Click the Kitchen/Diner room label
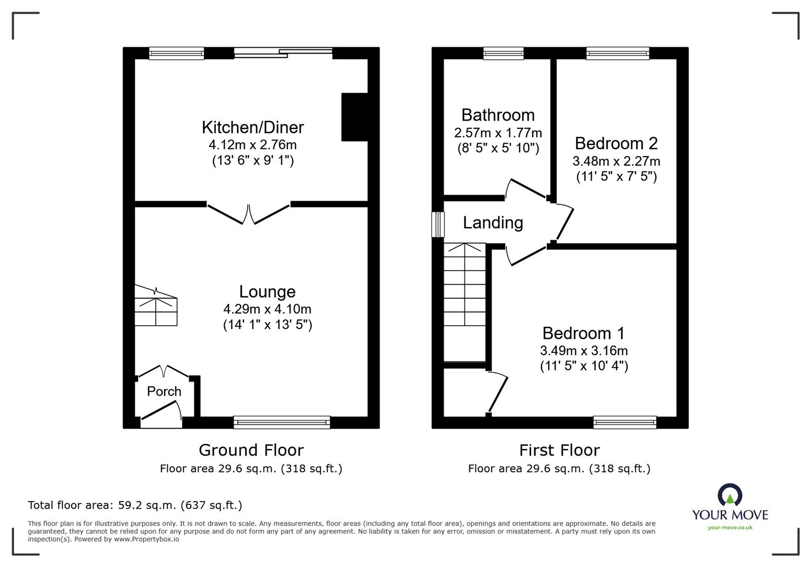coord(252,127)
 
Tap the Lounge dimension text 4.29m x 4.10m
coord(267,309)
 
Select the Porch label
coord(164,391)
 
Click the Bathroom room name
coord(498,115)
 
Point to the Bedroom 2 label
coord(616,143)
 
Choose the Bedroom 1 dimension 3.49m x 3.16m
coord(584,350)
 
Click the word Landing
coord(493,222)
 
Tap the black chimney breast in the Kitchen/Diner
coord(354,117)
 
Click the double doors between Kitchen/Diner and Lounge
coord(248,214)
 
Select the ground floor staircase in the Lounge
coord(156,306)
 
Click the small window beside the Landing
coord(438,224)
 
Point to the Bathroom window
coord(503,53)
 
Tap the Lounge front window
coord(282,422)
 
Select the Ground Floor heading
coord(251,450)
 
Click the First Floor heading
coord(559,450)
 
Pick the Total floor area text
coord(135,505)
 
